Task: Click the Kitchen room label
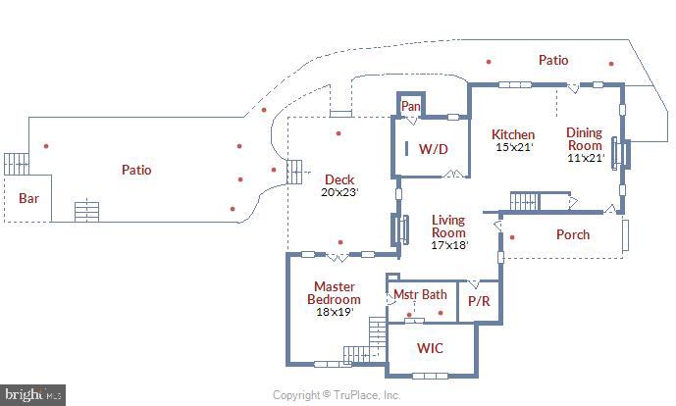513,134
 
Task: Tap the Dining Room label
584,139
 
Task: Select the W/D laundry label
433,150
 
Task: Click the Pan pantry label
410,106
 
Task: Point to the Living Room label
448,227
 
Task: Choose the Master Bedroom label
334,293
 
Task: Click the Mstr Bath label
420,294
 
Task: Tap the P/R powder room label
478,302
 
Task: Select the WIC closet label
431,348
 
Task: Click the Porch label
573,234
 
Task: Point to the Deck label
339,179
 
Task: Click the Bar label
29,198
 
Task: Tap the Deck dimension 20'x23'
340,192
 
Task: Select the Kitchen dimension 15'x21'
513,147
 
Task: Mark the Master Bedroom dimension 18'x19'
334,312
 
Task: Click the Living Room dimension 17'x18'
448,245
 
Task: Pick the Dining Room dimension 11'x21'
584,158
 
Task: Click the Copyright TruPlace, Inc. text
337,395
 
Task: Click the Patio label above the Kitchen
552,60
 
